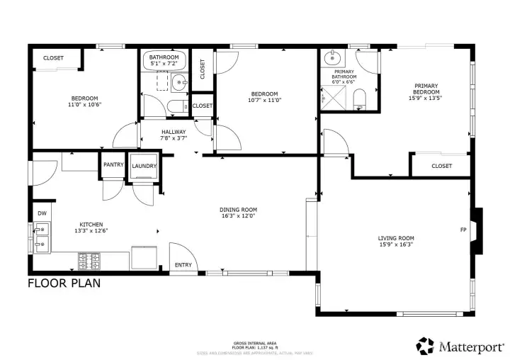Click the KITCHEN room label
click(x=91, y=223)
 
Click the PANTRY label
click(x=113, y=165)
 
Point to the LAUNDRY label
click(x=144, y=166)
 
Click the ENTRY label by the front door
click(x=183, y=265)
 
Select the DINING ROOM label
click(x=238, y=210)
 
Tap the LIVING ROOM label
click(x=395, y=238)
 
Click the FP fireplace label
click(x=463, y=230)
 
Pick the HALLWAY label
click(x=174, y=132)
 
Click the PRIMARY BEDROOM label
click(x=427, y=89)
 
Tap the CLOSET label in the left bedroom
click(x=53, y=58)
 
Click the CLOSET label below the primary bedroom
click(x=441, y=166)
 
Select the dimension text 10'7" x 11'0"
click(x=266, y=100)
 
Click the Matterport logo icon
click(x=425, y=345)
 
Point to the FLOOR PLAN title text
click(x=64, y=283)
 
